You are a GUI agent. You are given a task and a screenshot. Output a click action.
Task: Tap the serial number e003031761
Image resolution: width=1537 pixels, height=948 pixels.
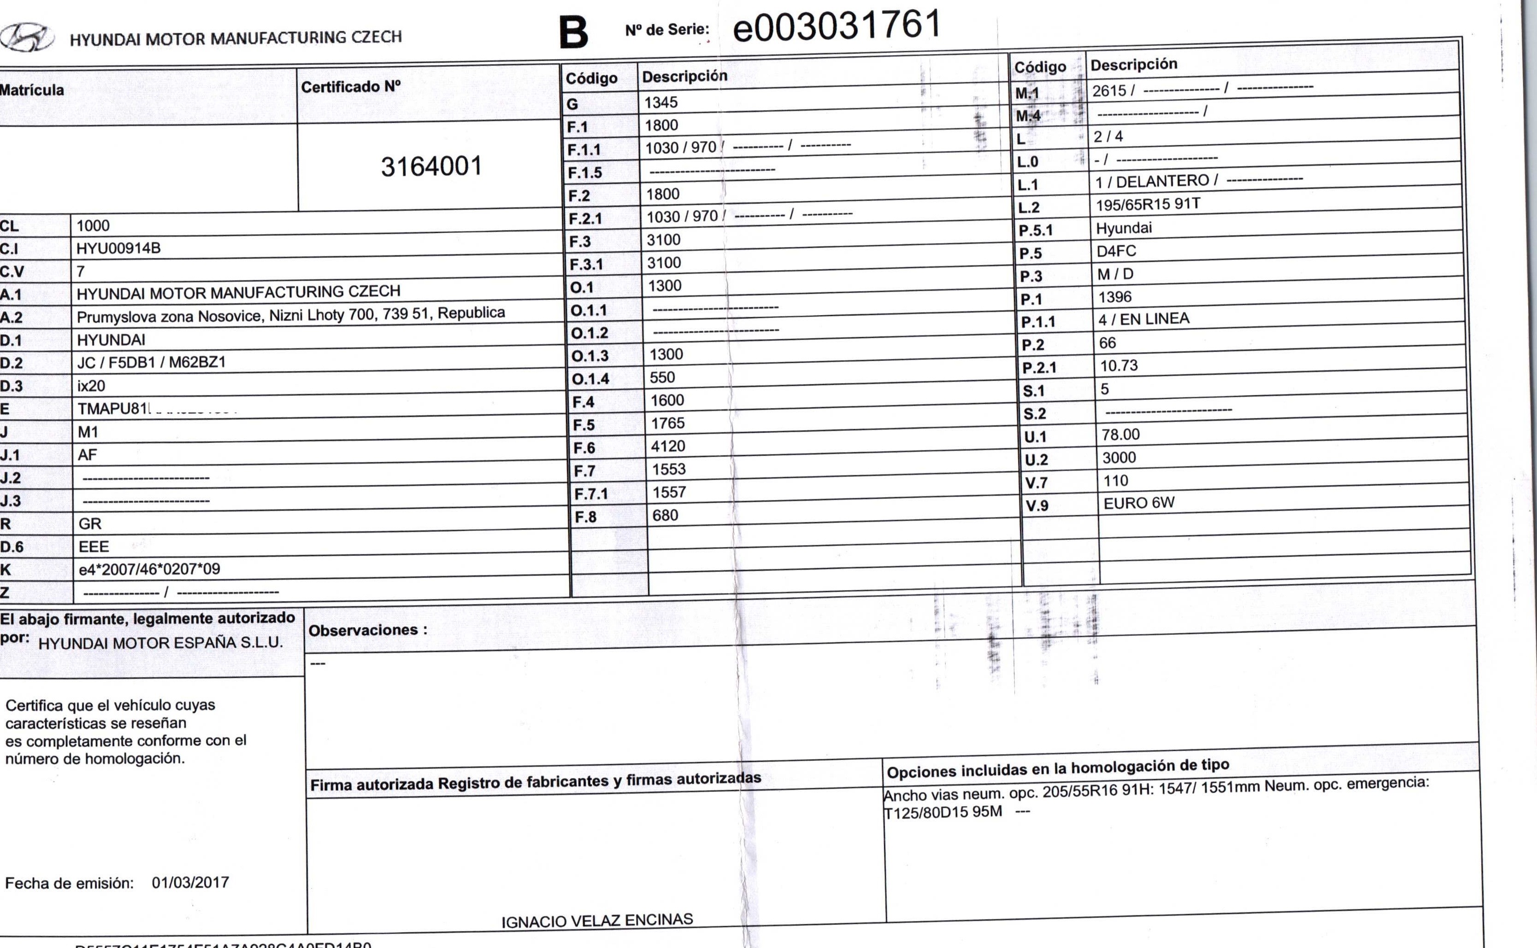[x=837, y=26]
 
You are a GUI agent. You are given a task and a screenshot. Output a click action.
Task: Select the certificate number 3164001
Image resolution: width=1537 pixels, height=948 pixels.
[x=431, y=167]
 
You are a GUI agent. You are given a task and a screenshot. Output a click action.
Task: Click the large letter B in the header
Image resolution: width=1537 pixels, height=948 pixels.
[x=573, y=33]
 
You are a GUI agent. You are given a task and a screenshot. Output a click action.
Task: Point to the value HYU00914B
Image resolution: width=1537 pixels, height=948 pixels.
[x=118, y=248]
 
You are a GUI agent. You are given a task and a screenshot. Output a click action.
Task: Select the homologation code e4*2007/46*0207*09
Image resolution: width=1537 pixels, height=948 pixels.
[x=149, y=569]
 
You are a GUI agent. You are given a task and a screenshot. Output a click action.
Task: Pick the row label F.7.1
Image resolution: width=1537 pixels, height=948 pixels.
[x=590, y=494]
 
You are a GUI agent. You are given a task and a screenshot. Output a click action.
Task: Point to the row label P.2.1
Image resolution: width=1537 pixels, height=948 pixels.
[x=1039, y=367]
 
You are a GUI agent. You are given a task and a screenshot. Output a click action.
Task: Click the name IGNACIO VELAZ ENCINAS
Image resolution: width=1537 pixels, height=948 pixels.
[x=597, y=920]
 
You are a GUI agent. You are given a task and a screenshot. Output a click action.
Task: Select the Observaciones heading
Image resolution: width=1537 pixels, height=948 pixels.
[x=367, y=630]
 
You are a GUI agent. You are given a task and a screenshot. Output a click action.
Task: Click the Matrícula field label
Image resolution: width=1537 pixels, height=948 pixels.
[x=32, y=90]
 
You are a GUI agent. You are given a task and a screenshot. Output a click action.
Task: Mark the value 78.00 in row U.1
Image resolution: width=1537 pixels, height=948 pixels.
[x=1120, y=435]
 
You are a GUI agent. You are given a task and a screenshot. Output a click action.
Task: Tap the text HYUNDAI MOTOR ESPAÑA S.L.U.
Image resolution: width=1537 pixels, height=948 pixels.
[x=160, y=642]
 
